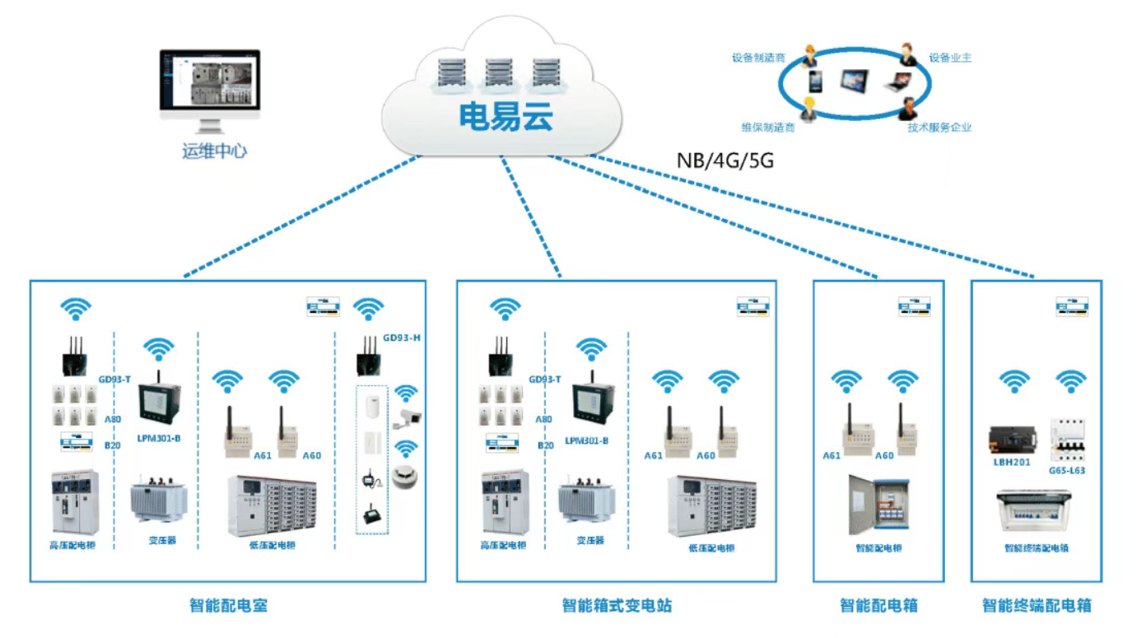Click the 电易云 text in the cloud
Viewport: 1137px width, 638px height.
tap(506, 118)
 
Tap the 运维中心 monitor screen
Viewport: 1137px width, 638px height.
tap(209, 81)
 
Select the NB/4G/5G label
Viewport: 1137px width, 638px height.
tap(725, 161)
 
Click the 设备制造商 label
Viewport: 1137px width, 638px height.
tap(758, 58)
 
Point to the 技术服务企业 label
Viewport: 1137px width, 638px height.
tap(939, 128)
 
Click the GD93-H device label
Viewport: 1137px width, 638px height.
tap(402, 337)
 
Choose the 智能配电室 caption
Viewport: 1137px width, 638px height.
tap(228, 606)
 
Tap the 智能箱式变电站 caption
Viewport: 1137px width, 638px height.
tap(617, 606)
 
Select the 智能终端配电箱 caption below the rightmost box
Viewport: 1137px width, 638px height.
tap(1037, 606)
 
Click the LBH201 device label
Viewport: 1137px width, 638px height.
tap(1012, 462)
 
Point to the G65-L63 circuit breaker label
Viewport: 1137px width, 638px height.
tap(1067, 471)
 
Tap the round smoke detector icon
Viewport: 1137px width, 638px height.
tap(405, 476)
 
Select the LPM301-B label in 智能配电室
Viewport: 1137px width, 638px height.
tap(158, 439)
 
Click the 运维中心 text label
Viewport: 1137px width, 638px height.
tap(214, 151)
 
